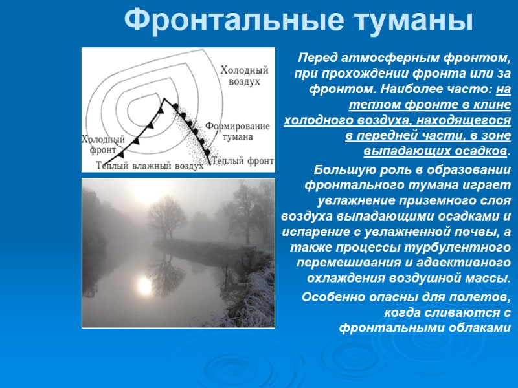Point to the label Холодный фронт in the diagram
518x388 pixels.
102,144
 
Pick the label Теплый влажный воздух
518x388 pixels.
149,166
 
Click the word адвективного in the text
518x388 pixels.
471,263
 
